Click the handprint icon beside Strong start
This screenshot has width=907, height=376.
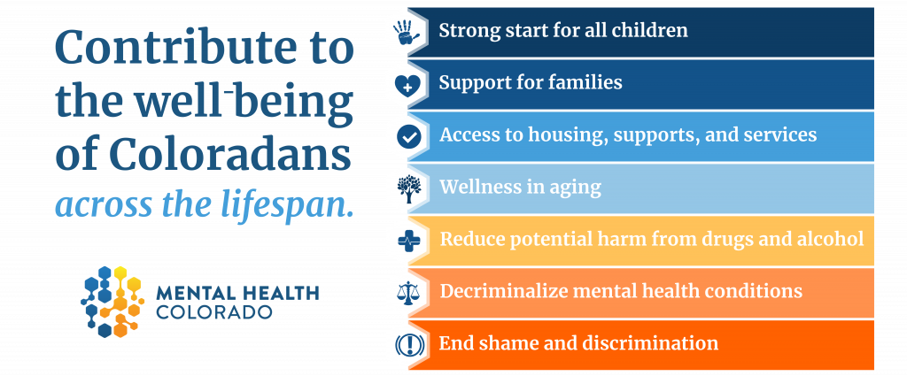pos(407,33)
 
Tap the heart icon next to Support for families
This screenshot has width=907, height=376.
pos(407,86)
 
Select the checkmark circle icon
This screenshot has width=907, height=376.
pos(408,137)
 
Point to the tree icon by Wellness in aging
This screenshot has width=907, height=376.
pos(409,188)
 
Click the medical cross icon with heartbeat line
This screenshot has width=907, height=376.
pos(409,241)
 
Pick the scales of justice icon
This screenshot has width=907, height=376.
pos(409,292)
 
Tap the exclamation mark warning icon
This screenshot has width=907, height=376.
pos(409,345)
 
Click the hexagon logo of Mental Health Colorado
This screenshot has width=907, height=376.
pos(112,301)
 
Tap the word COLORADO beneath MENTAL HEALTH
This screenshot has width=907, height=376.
pos(214,312)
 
